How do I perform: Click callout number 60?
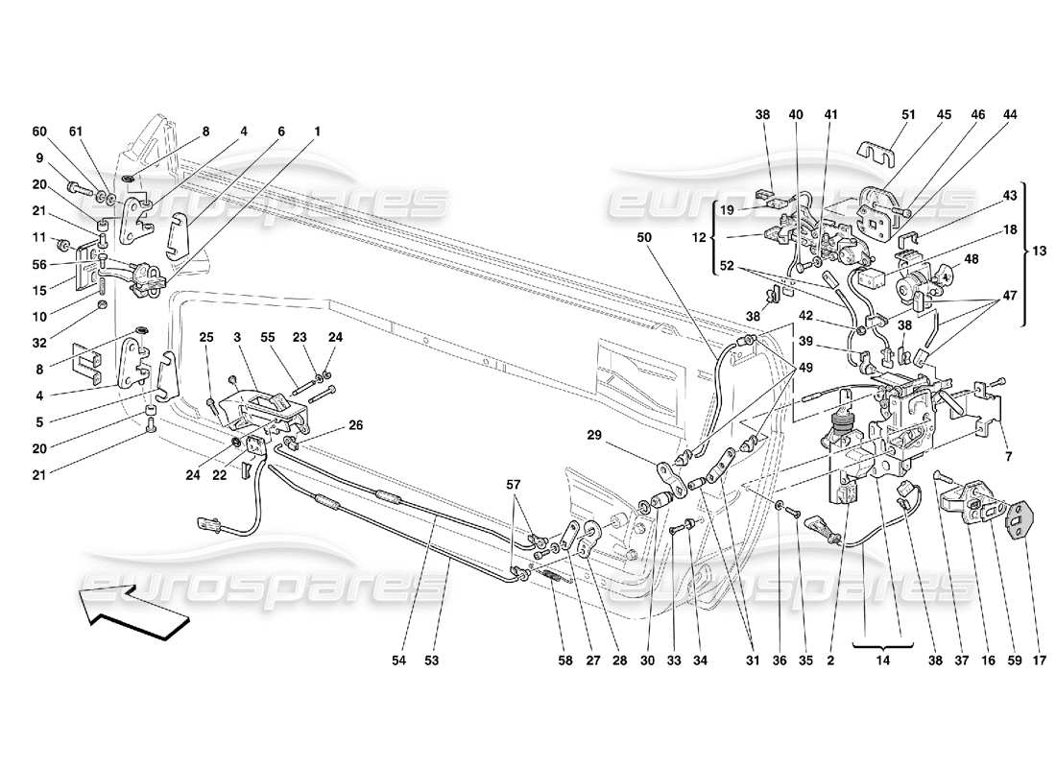pos(39,132)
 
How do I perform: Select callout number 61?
pos(77,132)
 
